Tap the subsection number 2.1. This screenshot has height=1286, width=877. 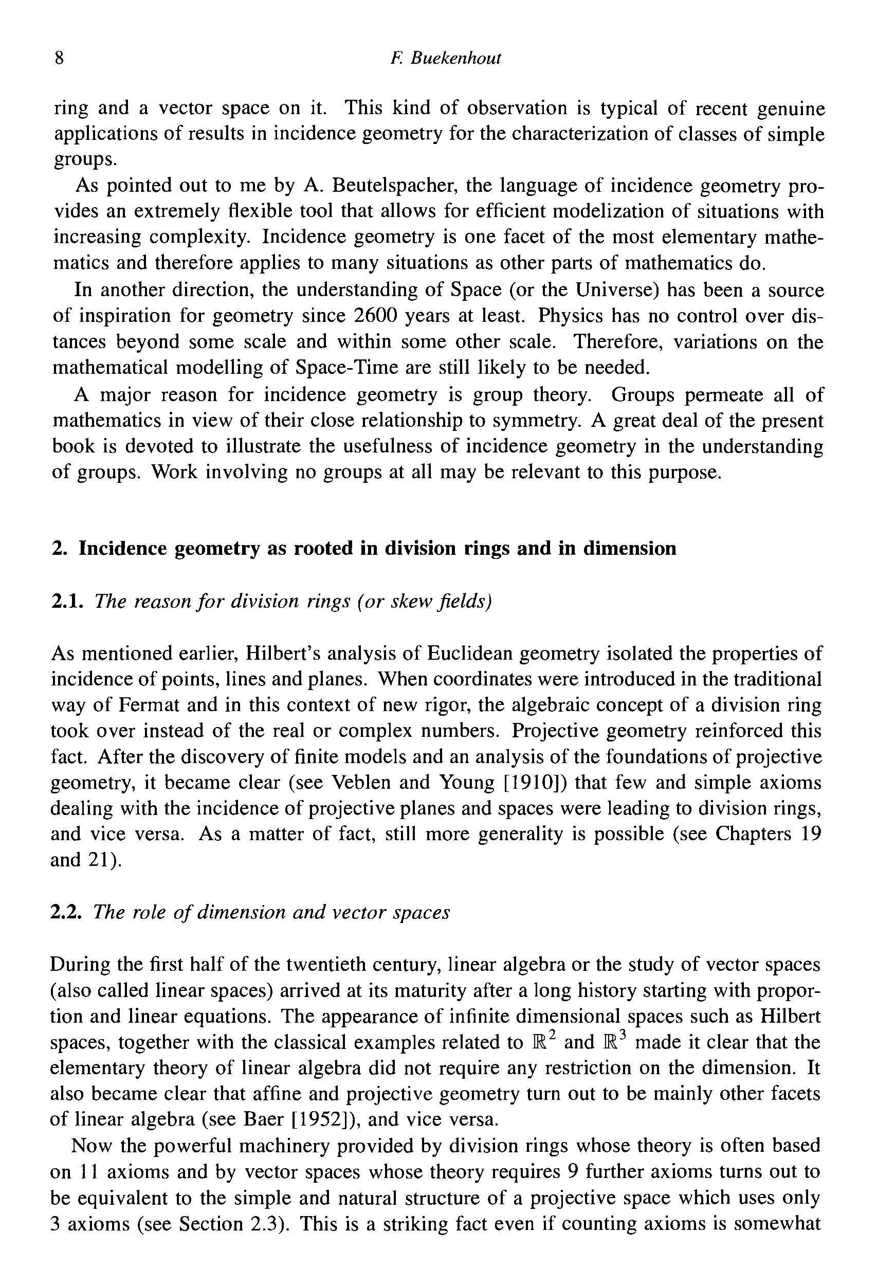[67, 601]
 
